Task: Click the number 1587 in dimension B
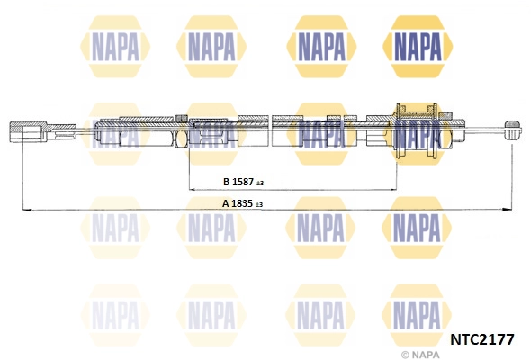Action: coord(243,182)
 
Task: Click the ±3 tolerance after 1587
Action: coord(259,183)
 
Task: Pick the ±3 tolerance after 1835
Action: coord(259,204)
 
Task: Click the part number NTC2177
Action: coord(481,339)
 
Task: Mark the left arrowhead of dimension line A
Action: coord(25,211)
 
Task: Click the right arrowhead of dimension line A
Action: coord(514,211)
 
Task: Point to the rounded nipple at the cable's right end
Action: coord(515,128)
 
